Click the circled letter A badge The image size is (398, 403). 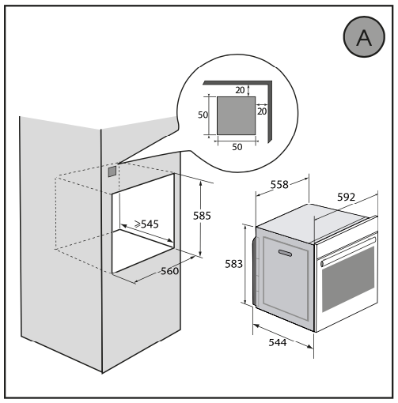click(364, 36)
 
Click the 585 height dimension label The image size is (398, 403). click(202, 216)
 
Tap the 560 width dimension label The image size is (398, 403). click(169, 271)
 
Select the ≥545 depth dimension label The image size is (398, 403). click(146, 224)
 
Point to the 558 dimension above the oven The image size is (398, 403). click(279, 185)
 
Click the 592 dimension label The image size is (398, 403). click(347, 197)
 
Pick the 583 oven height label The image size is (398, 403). click(233, 264)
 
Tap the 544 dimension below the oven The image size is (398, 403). click(278, 342)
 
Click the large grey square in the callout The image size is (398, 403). click(236, 115)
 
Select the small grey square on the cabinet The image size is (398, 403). click(112, 171)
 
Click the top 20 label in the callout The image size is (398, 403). click(240, 90)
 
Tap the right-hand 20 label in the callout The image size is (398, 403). click(262, 111)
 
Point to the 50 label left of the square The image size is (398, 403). click(203, 115)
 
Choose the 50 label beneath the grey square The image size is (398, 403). click(237, 147)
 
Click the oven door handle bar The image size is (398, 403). click(348, 250)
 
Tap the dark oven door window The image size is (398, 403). click(348, 279)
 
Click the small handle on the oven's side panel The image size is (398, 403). click(285, 253)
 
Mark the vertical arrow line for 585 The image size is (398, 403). click(200, 218)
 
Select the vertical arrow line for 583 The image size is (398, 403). click(245, 265)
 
